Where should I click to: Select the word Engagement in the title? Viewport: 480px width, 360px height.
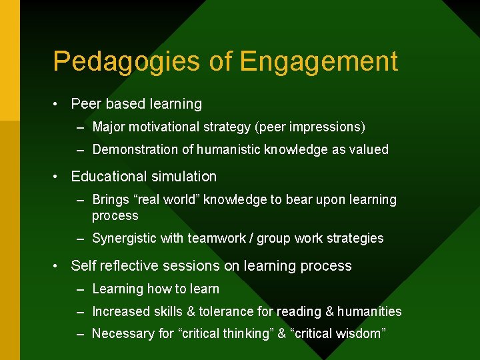(318, 62)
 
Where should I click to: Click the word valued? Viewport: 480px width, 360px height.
(367, 149)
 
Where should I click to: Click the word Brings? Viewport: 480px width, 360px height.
(111, 200)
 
